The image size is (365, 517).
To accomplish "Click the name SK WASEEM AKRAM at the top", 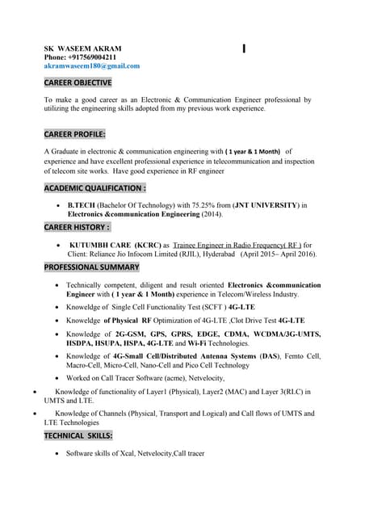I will click(x=82, y=48).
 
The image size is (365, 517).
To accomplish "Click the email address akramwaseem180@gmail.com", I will click(x=91, y=66).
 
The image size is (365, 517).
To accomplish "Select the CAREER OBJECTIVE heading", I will click(x=78, y=83).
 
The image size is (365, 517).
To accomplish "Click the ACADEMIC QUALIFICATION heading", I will click(x=94, y=188).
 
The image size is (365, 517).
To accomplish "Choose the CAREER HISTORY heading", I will click(x=77, y=228).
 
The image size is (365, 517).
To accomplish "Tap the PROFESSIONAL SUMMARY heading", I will click(x=91, y=267).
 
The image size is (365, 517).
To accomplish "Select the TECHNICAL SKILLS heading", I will click(x=78, y=436).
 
